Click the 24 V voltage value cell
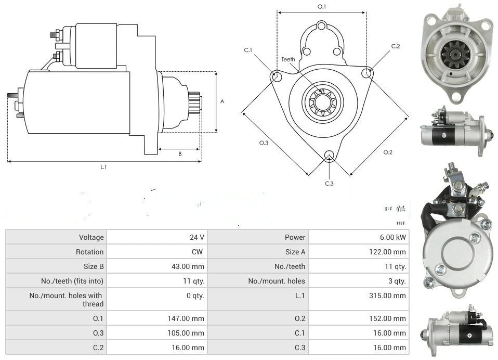click(x=196, y=237)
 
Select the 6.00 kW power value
click(x=393, y=237)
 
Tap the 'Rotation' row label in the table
click(x=89, y=252)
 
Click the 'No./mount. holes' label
click(x=277, y=281)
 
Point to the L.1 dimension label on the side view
click(x=103, y=167)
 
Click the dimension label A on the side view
click(x=222, y=101)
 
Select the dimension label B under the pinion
click(x=180, y=153)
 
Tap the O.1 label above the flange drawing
click(x=322, y=7)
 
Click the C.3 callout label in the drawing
click(x=329, y=183)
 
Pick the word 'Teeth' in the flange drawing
click(x=288, y=59)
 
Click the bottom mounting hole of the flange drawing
click(x=329, y=155)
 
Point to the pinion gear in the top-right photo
click(x=451, y=52)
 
